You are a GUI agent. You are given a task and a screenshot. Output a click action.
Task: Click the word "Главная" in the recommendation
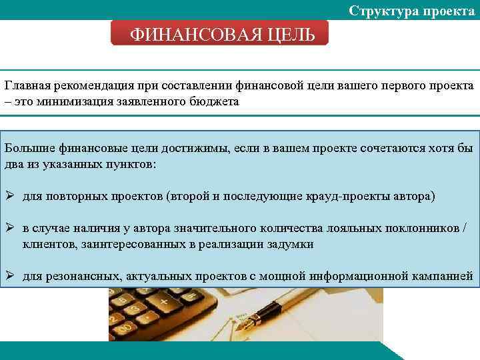click(x=27, y=87)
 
